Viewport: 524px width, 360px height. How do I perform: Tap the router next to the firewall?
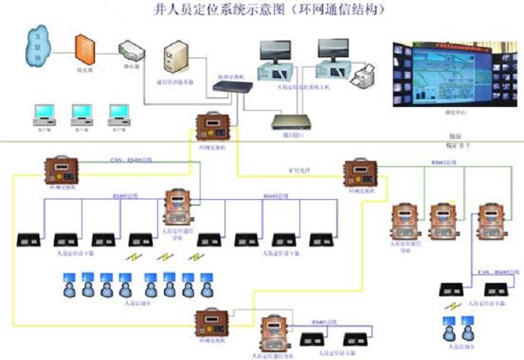132,53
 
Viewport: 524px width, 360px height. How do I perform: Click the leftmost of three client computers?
43,114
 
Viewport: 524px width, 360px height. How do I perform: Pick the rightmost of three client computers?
118,114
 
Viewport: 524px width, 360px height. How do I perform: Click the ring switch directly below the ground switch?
212,125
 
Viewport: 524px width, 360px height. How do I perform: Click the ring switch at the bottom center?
212,323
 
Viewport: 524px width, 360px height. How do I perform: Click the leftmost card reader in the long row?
28,240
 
